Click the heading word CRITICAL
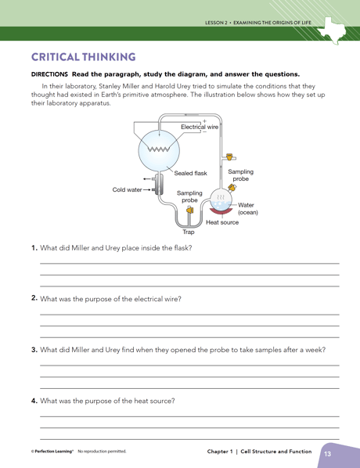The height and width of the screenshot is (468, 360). coord(56,57)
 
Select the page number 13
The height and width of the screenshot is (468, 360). coord(327,453)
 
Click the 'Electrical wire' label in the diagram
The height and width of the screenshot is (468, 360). coord(200,126)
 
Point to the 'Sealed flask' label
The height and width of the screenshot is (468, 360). coord(190,173)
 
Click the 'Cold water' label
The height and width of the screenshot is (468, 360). coord(127,189)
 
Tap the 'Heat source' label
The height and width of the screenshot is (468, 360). coord(222,222)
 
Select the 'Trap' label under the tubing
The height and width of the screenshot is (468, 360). coord(189,232)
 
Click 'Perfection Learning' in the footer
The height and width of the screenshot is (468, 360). coord(52,452)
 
